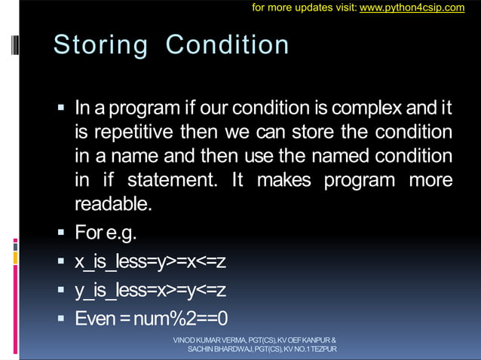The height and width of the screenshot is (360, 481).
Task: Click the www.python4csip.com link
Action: tap(412, 8)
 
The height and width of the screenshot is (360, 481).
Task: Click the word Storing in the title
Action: tap(101, 45)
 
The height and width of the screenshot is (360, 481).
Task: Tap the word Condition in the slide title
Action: tap(227, 45)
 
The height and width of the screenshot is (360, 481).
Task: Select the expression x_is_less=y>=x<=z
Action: tap(150, 261)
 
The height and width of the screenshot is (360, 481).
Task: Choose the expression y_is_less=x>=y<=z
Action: tap(150, 290)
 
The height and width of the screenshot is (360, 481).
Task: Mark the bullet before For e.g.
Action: tap(62, 232)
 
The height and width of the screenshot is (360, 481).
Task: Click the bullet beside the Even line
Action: tap(62, 318)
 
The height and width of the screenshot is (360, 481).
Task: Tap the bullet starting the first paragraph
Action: tap(62, 108)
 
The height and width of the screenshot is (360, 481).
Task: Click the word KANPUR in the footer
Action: tap(315, 340)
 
